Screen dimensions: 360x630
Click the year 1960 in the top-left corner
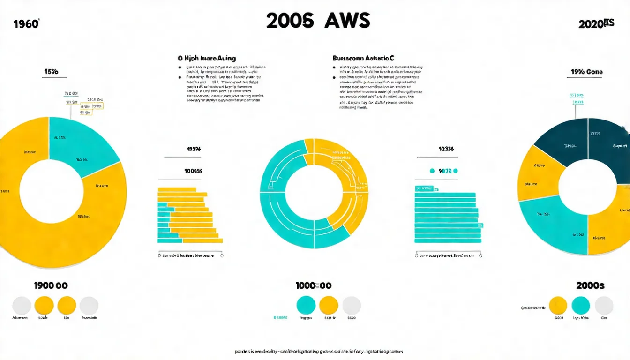(x=26, y=24)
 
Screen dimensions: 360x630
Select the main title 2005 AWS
(x=318, y=21)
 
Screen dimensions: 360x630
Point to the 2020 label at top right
(x=596, y=24)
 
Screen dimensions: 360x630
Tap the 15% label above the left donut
(x=51, y=72)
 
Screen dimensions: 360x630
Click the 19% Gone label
(x=587, y=72)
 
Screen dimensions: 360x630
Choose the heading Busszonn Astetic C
(x=363, y=59)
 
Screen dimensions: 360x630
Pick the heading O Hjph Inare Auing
(x=207, y=59)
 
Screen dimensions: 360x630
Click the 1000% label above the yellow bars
(x=193, y=171)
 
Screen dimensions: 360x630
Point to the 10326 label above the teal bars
(x=445, y=149)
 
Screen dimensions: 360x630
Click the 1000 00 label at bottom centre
(x=314, y=285)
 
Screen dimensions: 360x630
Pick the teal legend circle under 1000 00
(x=306, y=306)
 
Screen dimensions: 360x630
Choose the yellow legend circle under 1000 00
(x=329, y=306)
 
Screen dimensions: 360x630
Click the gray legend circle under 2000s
(x=604, y=306)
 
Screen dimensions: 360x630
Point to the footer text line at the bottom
(x=319, y=351)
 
